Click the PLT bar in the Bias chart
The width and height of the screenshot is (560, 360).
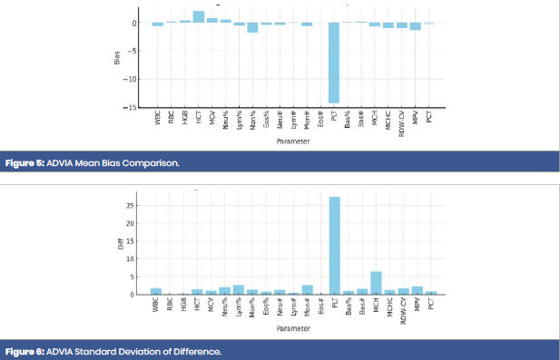pos(334,63)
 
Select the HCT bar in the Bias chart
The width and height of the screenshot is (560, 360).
pos(199,16)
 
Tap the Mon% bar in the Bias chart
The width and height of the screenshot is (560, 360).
pos(252,27)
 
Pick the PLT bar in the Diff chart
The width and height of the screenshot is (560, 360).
pos(334,246)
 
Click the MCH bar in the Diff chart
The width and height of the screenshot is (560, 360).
pos(375,283)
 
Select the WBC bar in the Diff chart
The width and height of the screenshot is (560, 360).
pos(157,291)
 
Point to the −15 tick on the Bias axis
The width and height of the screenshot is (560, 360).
pos(133,107)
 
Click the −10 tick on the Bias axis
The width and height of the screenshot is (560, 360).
pos(133,79)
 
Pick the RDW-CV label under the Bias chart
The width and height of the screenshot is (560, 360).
pos(401,122)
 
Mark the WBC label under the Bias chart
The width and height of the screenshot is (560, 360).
pos(157,119)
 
